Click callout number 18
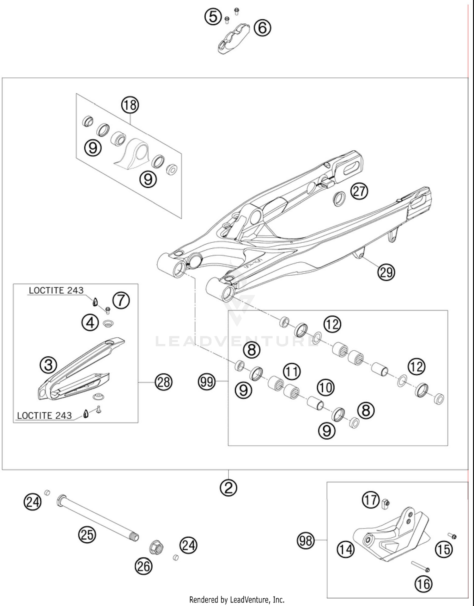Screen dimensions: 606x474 tap(130, 105)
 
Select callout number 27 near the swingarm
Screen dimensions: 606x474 tap(359, 191)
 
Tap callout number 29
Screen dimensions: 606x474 tap(386, 272)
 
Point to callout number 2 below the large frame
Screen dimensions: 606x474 tap(228, 487)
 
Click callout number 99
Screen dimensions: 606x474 tap(207, 382)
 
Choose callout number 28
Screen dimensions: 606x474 tap(163, 382)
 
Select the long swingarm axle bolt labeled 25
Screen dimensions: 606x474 tap(98, 519)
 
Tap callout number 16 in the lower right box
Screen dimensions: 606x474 tap(423, 584)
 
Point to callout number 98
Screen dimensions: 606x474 tap(306, 540)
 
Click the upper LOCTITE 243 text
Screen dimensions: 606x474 tap(56, 290)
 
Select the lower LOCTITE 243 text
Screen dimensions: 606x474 tap(44, 415)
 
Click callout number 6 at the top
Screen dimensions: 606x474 tap(263, 28)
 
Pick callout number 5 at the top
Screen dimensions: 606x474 tap(213, 16)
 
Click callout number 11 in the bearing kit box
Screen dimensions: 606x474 tap(292, 371)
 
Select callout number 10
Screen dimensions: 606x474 tap(325, 387)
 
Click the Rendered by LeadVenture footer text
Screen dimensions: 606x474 tap(237, 599)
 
